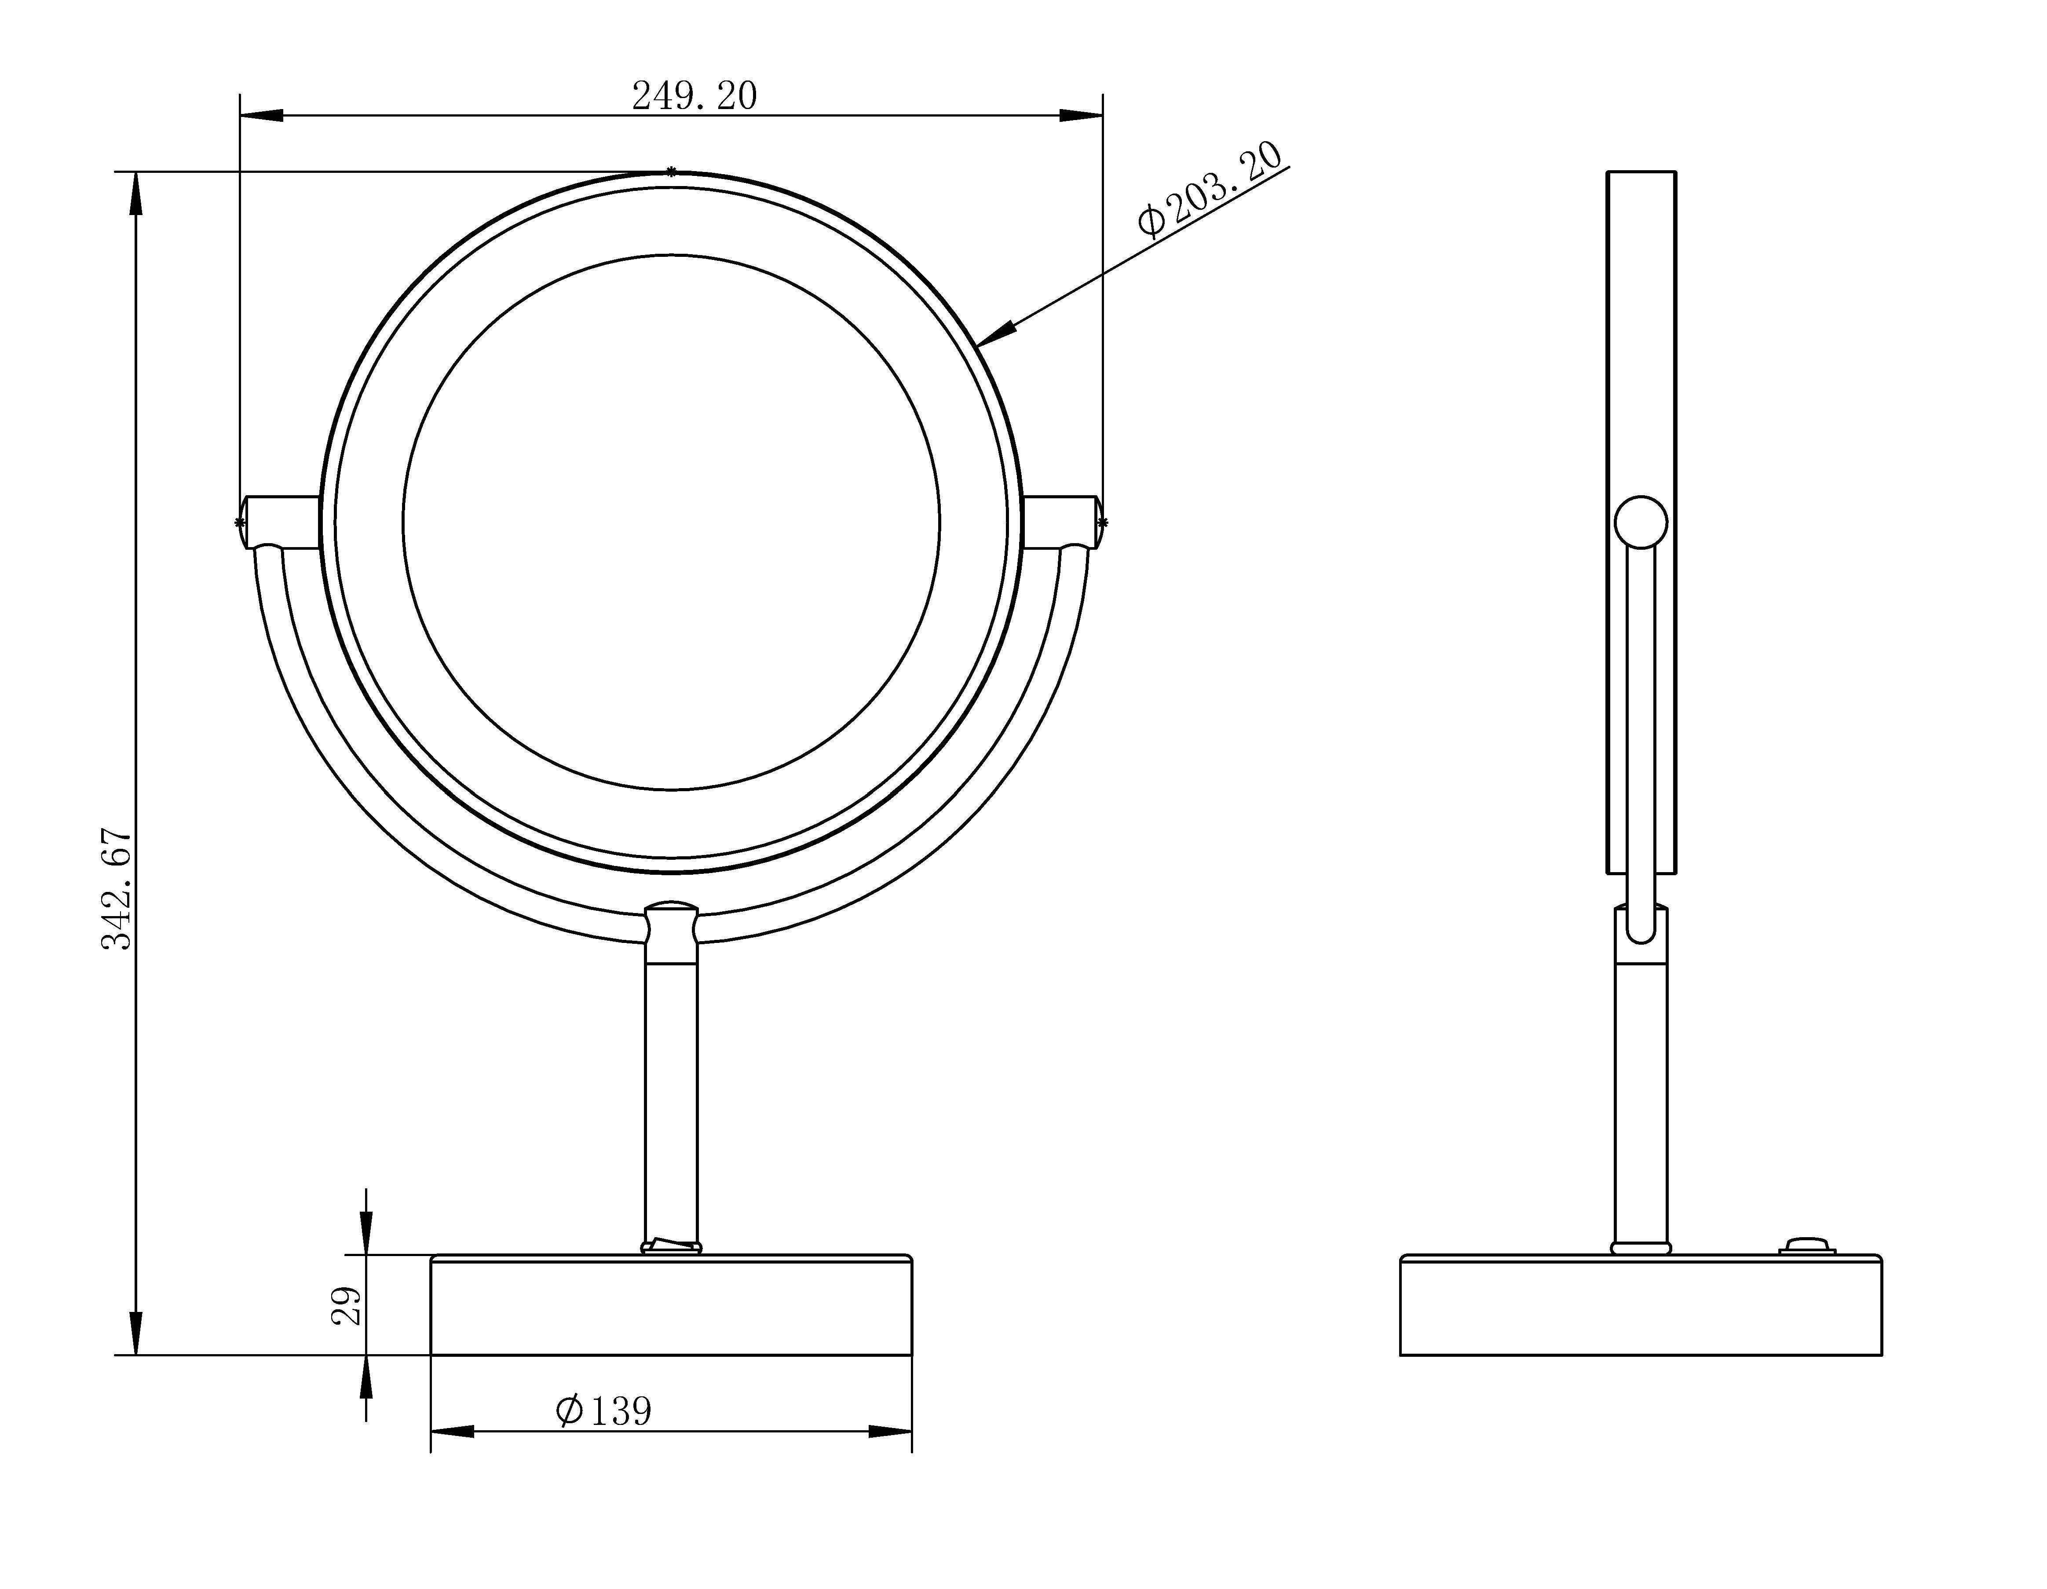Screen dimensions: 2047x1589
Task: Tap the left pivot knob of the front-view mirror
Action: [279, 522]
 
